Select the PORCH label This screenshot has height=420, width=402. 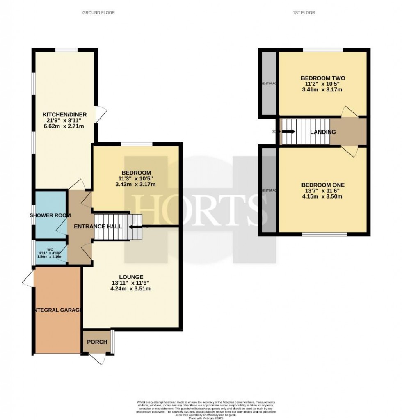[97, 342]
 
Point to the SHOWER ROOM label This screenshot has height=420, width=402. [50, 215]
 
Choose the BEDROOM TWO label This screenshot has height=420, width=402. [323, 78]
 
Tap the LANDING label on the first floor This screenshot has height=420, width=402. [323, 132]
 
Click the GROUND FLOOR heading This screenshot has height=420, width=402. [98, 13]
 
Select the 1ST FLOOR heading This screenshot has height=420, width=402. [304, 13]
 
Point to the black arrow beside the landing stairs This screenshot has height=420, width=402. [288, 132]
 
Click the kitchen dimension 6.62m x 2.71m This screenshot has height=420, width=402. [64, 126]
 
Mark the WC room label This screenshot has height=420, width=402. [50, 249]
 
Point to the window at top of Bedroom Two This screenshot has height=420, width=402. [323, 50]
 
